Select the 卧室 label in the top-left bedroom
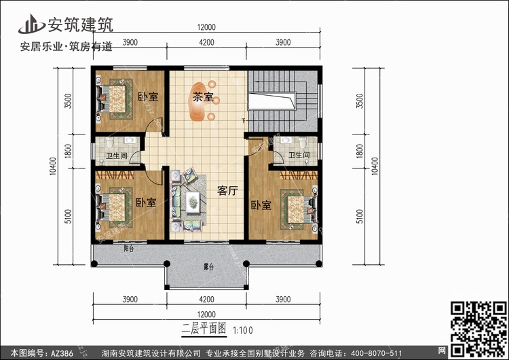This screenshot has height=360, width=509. pos(147,96)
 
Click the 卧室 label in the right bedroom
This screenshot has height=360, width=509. pos(261,205)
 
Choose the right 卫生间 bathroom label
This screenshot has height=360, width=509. pos(299,156)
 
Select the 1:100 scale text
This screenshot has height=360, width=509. pos(242,331)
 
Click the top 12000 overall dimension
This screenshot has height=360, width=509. pos(206,27)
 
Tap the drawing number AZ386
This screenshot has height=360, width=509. pos(58,353)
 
